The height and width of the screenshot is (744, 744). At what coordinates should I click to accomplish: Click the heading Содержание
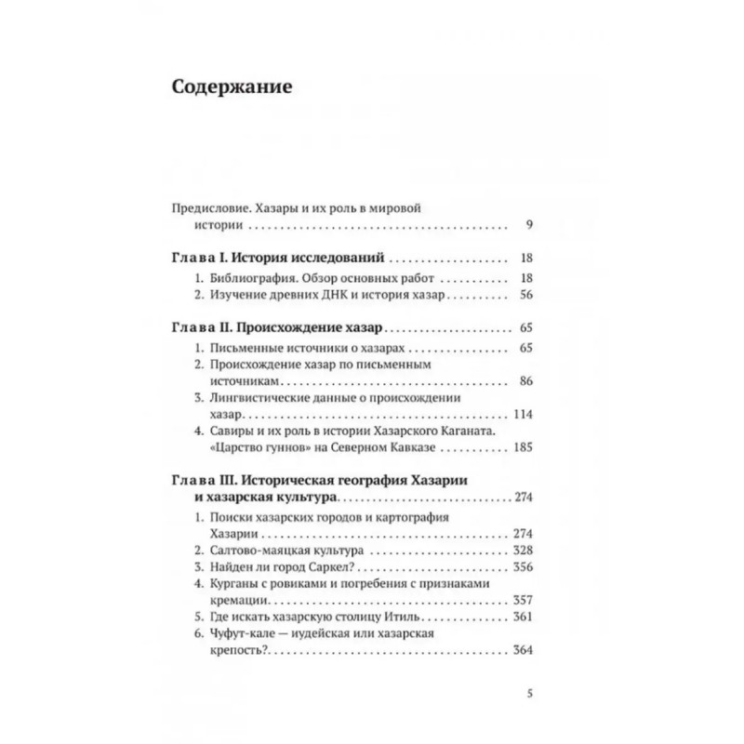pyautogui.click(x=232, y=88)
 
